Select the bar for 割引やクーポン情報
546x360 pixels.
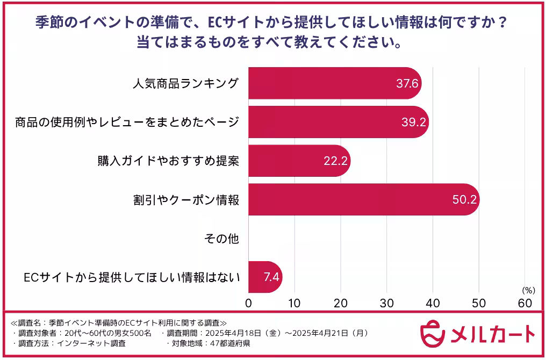pyautogui.click(x=363, y=199)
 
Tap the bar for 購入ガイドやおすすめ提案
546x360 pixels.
pyautogui.click(x=299, y=161)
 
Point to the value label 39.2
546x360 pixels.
pyautogui.click(x=413, y=122)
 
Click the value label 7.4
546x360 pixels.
pyautogui.click(x=270, y=277)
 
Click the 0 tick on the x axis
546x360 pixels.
pyautogui.click(x=248, y=303)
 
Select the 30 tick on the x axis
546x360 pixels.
pyautogui.click(x=386, y=303)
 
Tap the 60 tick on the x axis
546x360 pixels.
pyautogui.click(x=525, y=303)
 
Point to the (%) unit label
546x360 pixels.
pyautogui.click(x=529, y=290)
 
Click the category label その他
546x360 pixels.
pyautogui.click(x=221, y=239)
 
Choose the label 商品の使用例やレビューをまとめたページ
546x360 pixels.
pyautogui.click(x=126, y=123)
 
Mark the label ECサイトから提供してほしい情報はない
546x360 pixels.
pyautogui.click(x=132, y=277)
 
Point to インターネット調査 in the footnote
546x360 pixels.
pyautogui.click(x=95, y=343)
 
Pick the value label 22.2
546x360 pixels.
pyautogui.click(x=335, y=161)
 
